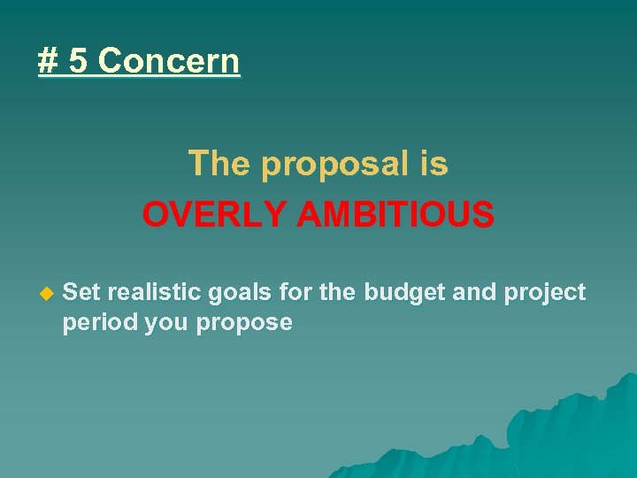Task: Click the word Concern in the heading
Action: coord(169,61)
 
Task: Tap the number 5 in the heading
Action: coord(79,61)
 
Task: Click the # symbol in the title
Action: coord(48,61)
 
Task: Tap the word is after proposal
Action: coord(433,164)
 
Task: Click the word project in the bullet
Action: coord(545,293)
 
